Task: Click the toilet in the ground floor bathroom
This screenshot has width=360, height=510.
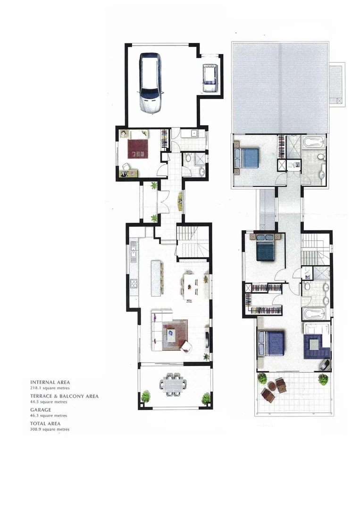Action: pyautogui.click(x=188, y=158)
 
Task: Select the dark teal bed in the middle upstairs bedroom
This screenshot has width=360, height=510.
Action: pyautogui.click(x=267, y=249)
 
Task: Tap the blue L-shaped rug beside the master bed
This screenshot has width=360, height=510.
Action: pyautogui.click(x=316, y=346)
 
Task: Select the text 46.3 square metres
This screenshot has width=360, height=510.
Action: pyautogui.click(x=48, y=416)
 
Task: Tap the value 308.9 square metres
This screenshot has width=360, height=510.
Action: pyautogui.click(x=50, y=429)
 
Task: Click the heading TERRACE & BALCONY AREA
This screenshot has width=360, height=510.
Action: pyautogui.click(x=64, y=396)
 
